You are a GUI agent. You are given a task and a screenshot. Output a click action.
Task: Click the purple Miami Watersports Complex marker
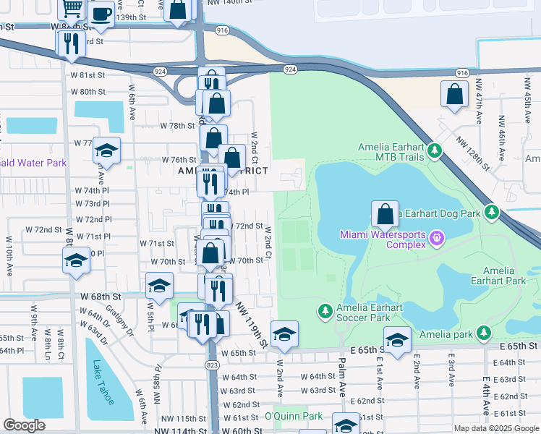pyautogui.click(x=436, y=237)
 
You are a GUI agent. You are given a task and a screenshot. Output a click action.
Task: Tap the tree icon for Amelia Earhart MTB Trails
pyautogui.click(x=434, y=151)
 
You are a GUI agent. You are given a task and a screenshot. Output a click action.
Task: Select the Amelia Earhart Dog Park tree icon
pyautogui.click(x=492, y=213)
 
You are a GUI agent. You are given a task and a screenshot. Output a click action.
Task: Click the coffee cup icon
pyautogui.click(x=101, y=14)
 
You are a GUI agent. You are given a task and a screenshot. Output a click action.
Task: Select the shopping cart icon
pyautogui.click(x=72, y=9)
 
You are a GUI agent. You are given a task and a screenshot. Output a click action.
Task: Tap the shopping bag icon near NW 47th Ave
pyautogui.click(x=453, y=95)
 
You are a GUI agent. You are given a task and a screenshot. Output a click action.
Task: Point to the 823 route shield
pyautogui.click(x=212, y=363)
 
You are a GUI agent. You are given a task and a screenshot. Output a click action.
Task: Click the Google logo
pyautogui.click(x=24, y=425)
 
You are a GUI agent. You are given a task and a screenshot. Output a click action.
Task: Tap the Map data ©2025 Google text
pyautogui.click(x=495, y=428)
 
